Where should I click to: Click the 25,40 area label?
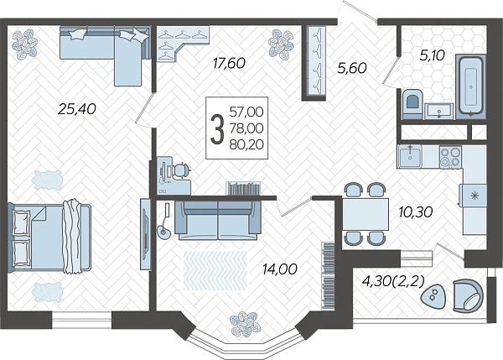click(77, 109)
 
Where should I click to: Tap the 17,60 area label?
click(229, 63)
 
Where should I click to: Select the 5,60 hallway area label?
click(352, 68)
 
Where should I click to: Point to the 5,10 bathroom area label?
click(432, 55)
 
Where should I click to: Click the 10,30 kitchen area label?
click(416, 211)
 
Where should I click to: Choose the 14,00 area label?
click(279, 269)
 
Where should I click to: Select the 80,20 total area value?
click(246, 144)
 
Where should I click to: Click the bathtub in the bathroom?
click(471, 85)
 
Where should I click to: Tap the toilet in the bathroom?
click(412, 103)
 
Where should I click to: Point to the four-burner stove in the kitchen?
click(450, 157)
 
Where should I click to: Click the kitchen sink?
click(410, 156)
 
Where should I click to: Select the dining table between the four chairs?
click(366, 214)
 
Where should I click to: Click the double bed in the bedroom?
click(49, 237)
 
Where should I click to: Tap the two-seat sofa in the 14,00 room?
click(218, 221)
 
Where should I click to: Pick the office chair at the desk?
click(180, 170)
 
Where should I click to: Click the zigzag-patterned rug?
click(215, 271)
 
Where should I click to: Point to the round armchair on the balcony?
click(468, 295)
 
